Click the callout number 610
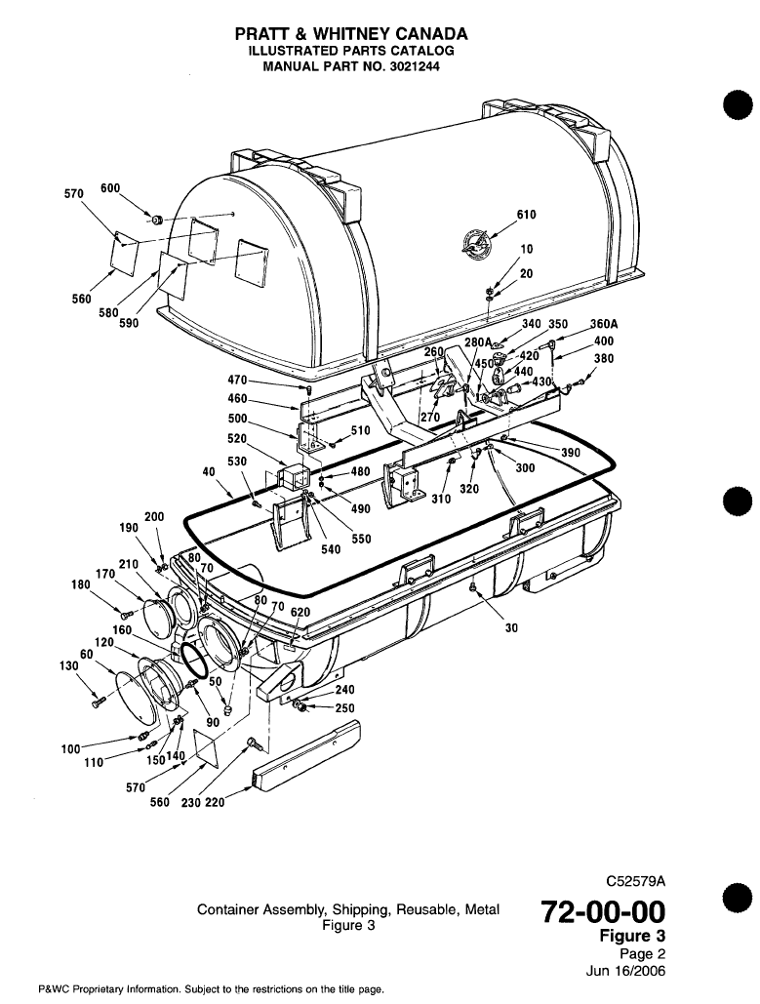(x=526, y=216)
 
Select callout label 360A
(x=605, y=325)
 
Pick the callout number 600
(x=110, y=187)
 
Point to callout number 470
(x=239, y=379)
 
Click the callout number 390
(x=571, y=453)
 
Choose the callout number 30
(x=510, y=628)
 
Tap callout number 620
(x=300, y=612)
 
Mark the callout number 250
(x=344, y=708)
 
